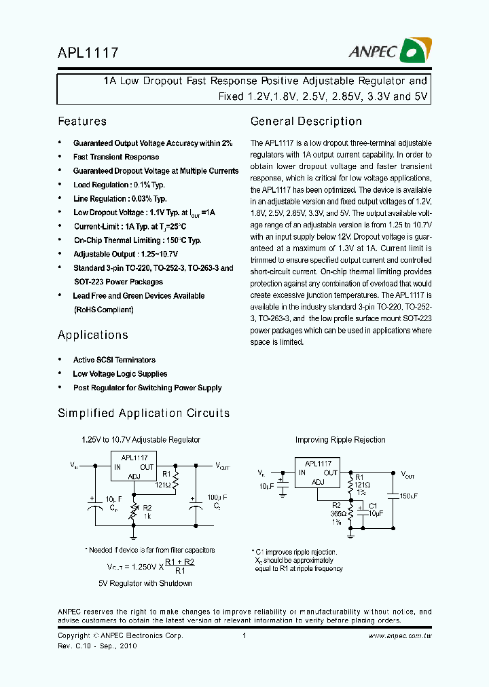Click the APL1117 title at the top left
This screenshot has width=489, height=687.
(x=88, y=52)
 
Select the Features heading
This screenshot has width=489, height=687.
(x=82, y=122)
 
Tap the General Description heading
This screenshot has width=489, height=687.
(x=306, y=122)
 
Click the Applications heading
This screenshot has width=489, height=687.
(x=93, y=335)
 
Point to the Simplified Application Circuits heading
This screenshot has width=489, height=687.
(x=144, y=413)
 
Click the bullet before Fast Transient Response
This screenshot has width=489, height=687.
(x=60, y=157)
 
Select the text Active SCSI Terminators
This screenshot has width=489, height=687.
(x=114, y=360)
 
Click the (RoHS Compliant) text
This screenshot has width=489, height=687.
(x=103, y=310)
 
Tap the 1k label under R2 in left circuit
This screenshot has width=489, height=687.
(x=147, y=516)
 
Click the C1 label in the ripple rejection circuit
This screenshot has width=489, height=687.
(x=373, y=506)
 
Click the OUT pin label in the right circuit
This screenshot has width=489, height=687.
(x=330, y=472)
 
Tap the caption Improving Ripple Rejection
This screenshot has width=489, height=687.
(x=340, y=440)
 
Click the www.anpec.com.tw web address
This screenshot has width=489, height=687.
(x=399, y=636)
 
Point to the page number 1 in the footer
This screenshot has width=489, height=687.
(x=244, y=636)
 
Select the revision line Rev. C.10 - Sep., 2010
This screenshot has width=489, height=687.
(x=97, y=646)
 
